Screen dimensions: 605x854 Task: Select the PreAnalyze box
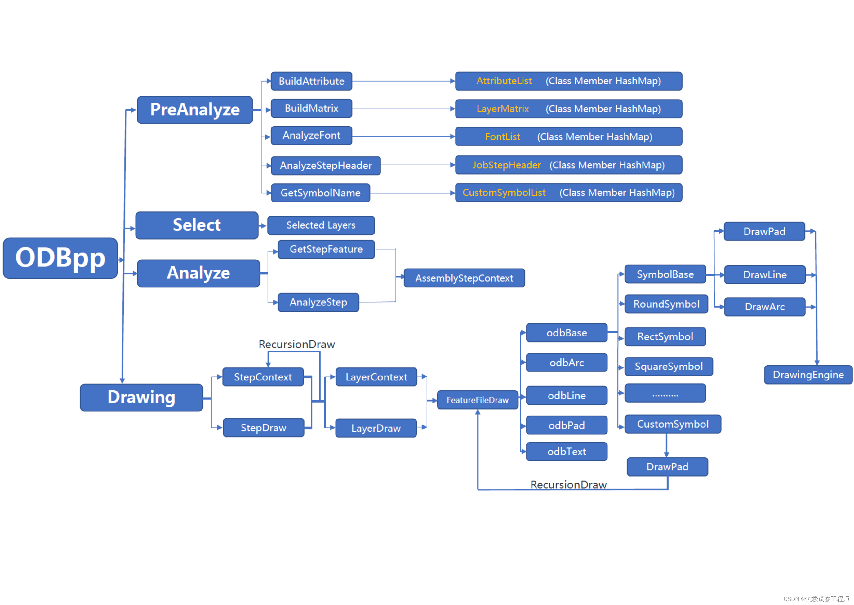[x=195, y=110]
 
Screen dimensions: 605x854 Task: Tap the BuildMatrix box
[x=311, y=109]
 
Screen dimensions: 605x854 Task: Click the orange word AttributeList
[x=504, y=81]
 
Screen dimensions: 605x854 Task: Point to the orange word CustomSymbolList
[x=504, y=193]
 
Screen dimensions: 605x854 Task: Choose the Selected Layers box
[x=321, y=225]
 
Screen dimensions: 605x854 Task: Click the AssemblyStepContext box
[x=464, y=278]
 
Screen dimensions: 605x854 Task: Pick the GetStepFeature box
[x=326, y=249]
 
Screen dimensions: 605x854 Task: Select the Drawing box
[x=141, y=398]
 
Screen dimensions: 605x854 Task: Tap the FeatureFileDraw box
[x=478, y=400]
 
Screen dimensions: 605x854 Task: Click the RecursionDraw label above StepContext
[x=297, y=344]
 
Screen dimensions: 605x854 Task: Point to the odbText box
[x=567, y=452]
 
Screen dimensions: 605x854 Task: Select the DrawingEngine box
[x=808, y=375]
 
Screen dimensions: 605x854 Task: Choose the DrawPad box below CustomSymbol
[x=667, y=467]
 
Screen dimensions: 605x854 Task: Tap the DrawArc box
[x=765, y=307]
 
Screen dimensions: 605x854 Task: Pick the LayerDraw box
[x=376, y=428]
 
